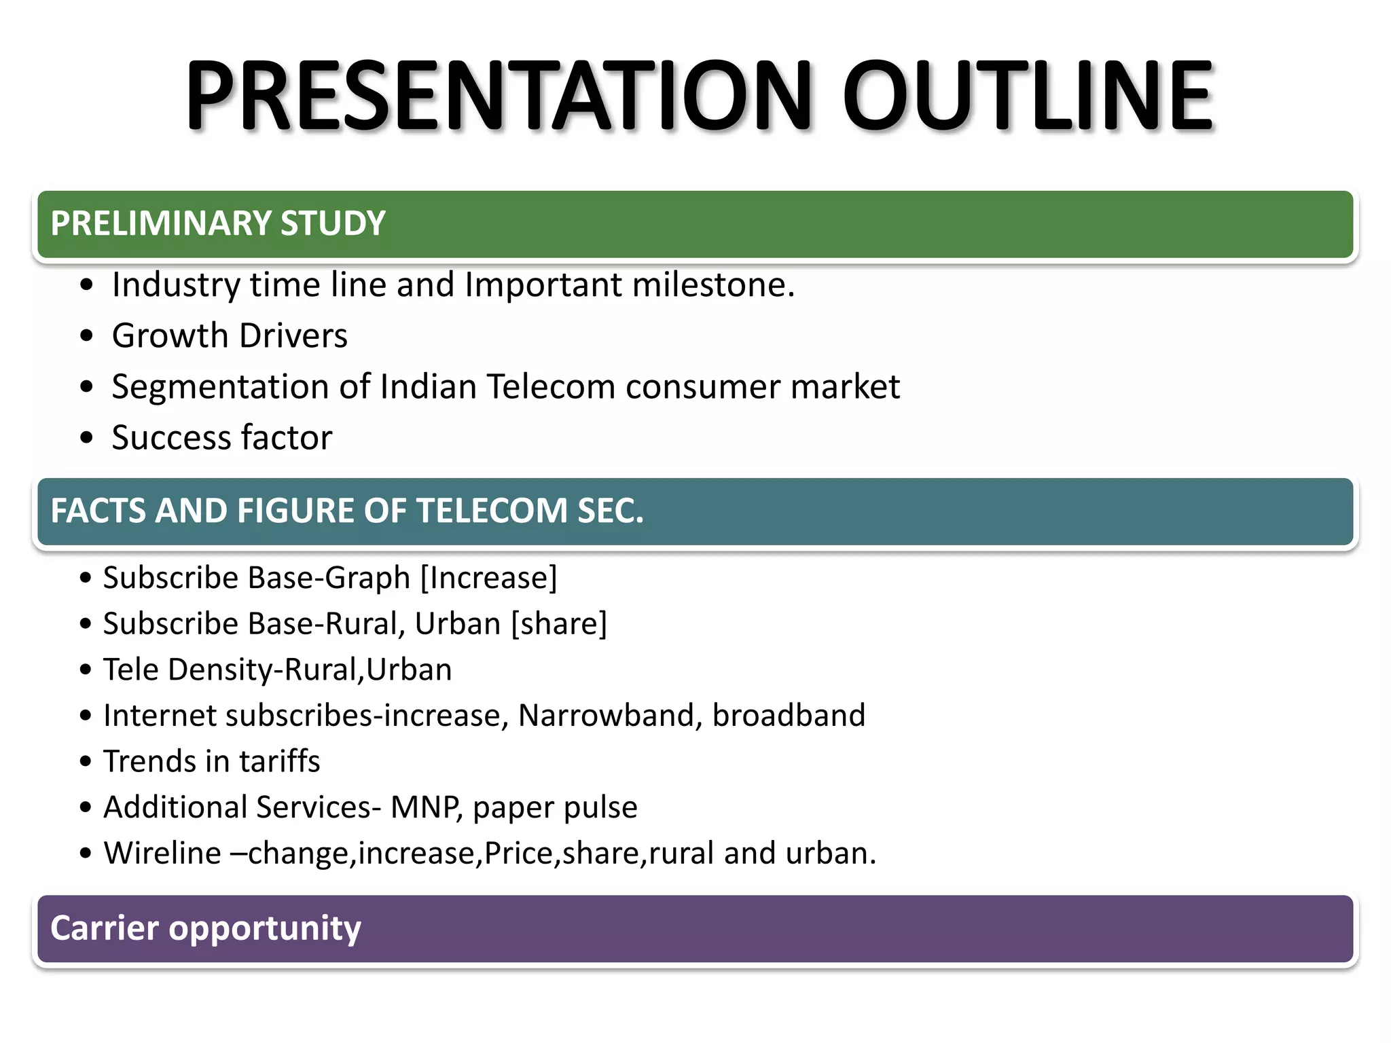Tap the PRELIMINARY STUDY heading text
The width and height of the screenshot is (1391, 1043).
218,223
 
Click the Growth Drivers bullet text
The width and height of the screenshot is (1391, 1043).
230,335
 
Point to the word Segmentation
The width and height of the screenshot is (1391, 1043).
220,386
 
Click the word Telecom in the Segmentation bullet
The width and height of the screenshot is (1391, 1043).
551,386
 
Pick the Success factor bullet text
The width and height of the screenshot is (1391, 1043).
222,437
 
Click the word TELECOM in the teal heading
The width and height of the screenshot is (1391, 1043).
492,511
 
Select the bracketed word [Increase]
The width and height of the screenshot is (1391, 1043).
488,578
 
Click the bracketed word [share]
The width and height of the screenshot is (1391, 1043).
558,623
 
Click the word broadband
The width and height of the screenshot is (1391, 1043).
789,715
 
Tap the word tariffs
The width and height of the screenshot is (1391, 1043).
279,761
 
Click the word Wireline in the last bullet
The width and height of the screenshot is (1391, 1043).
162,853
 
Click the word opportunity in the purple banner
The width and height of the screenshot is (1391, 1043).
265,928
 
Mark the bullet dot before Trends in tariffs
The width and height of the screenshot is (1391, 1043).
85,762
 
